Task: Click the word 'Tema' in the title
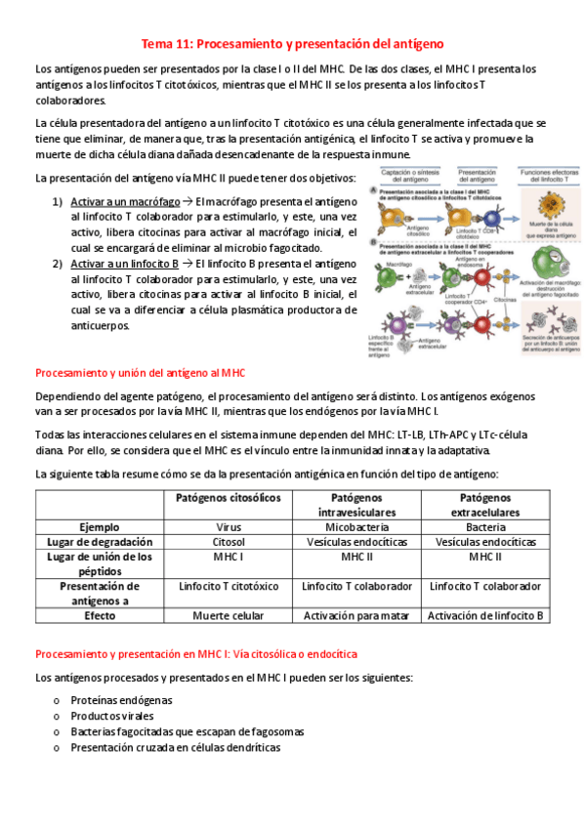[x=157, y=44]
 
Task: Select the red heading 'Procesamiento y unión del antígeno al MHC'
[x=140, y=372]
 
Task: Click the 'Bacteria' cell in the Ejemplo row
[x=485, y=525]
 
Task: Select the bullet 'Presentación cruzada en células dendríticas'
[x=175, y=747]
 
